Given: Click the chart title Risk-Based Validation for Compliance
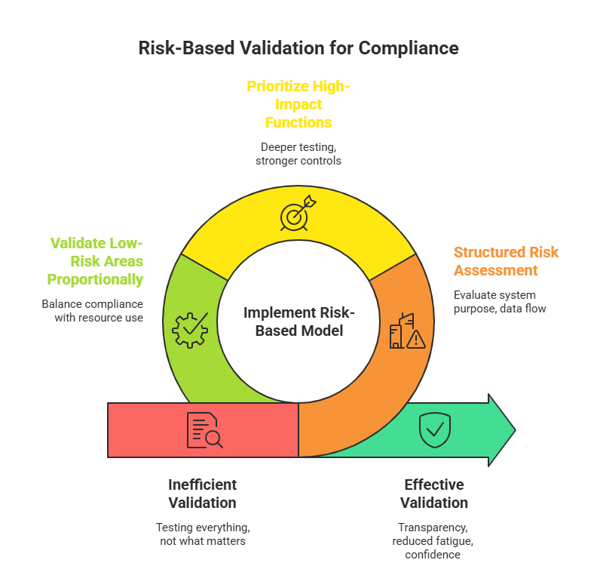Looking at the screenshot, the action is pos(298,48).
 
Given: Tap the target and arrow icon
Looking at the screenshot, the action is pos(295,215).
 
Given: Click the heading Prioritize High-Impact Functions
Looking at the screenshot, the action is pos(298,104).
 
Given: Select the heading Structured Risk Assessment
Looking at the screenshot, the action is pos(506,261).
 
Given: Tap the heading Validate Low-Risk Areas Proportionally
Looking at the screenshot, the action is pos(95,261).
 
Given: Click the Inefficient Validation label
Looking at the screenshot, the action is pos(202,494).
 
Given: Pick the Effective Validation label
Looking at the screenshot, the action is pos(433,494).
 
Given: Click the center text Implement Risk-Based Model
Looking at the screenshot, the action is pos(298,321).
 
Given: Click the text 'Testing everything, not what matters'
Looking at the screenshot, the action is pos(203,534).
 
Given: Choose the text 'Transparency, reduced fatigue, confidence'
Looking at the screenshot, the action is pos(433,541).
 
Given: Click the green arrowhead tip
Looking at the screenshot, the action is pos(513,430).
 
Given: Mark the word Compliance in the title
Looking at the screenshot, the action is pos(408,48).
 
